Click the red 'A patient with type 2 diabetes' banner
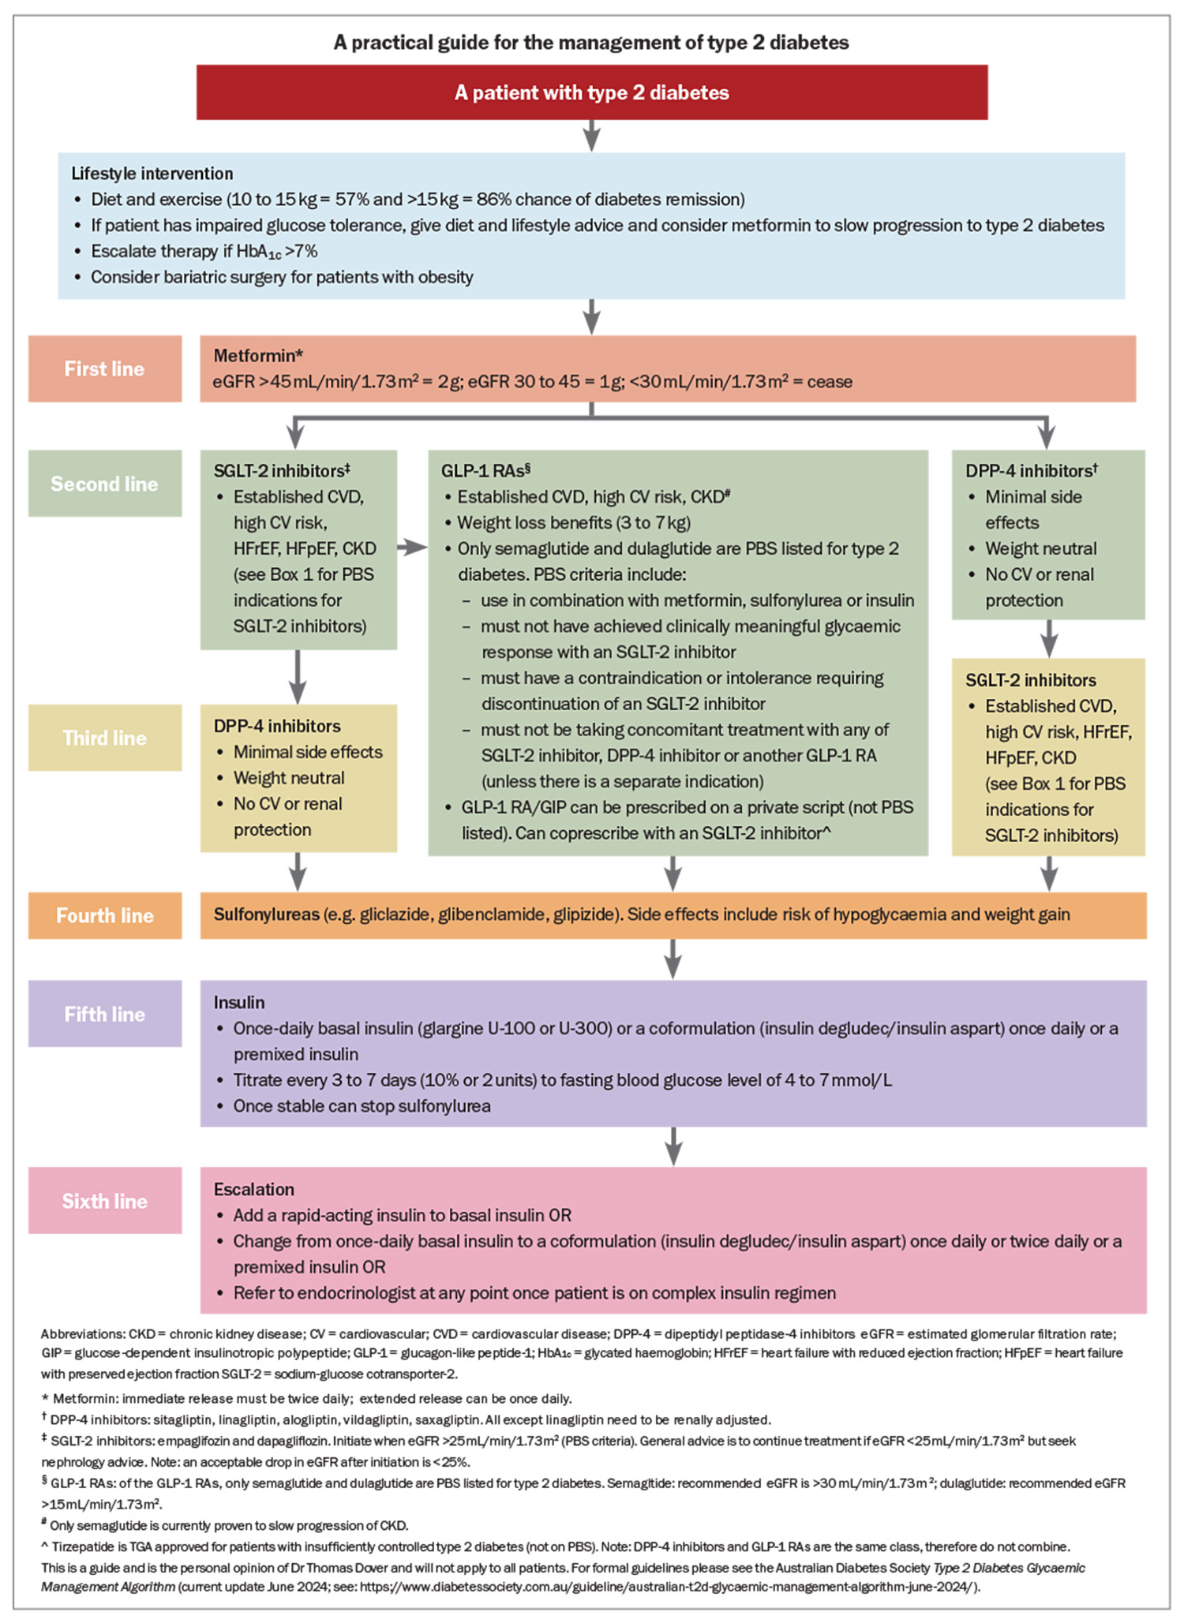pos(592,92)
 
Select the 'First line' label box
pos(105,368)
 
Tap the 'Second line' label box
pos(105,484)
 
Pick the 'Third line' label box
pos(105,738)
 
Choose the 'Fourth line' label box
pos(105,915)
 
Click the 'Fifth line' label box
pos(105,1014)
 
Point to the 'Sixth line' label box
pos(105,1201)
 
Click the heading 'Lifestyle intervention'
pos(152,174)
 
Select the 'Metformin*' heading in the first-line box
pos(258,356)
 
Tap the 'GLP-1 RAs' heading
pos(485,471)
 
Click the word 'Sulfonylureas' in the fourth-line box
pos(267,914)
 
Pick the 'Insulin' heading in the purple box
pos(239,1002)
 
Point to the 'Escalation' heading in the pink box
pos(254,1189)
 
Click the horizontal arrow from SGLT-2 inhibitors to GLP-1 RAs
pos(412,548)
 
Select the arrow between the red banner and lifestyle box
pos(592,136)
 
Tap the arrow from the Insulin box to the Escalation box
pos(673,1146)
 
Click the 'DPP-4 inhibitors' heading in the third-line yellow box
pos(277,726)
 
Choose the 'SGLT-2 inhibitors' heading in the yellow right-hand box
pos(1031,680)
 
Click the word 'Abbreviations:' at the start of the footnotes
pos(81,1334)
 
